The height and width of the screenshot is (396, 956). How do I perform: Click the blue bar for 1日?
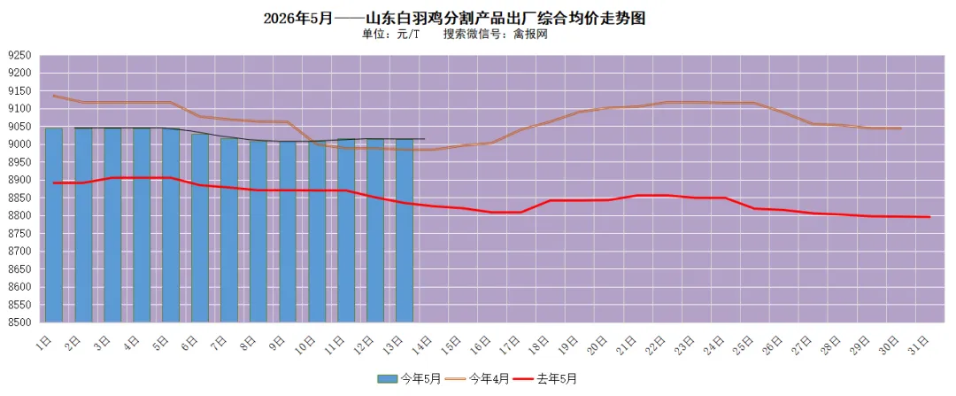[54, 225]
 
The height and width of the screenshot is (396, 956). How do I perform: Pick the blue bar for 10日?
[317, 231]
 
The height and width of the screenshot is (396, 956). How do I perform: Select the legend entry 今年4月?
[478, 379]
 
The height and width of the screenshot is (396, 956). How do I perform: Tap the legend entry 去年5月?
[545, 379]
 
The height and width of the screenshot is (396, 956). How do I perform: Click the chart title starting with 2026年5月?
[454, 19]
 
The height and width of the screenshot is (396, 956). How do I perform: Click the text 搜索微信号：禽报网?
[496, 35]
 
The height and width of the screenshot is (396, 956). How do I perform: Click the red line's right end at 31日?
[929, 217]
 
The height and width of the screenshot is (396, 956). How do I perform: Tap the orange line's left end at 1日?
[54, 95]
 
